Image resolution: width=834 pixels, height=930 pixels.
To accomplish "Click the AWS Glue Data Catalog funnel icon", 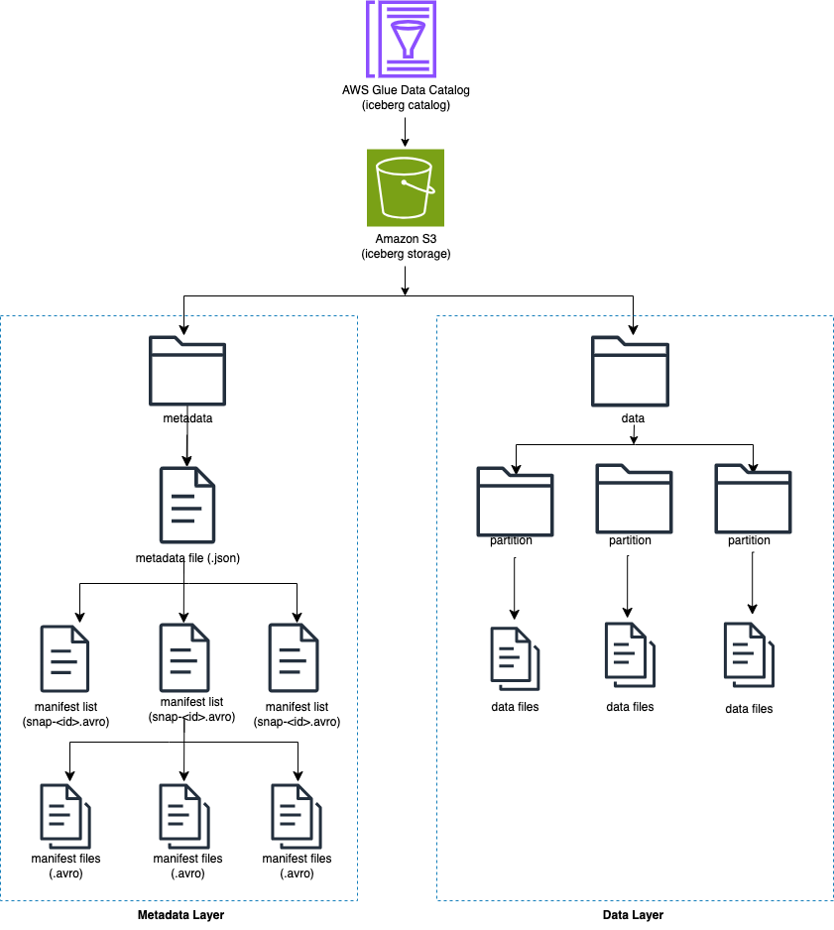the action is click(x=402, y=39).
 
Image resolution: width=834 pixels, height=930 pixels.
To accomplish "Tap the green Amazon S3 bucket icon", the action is click(x=406, y=187).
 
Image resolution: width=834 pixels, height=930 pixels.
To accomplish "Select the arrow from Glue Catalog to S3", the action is click(x=406, y=132).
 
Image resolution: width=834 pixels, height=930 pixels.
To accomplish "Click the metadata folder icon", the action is click(x=187, y=371).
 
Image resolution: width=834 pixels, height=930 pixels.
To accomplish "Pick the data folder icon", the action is click(x=630, y=371).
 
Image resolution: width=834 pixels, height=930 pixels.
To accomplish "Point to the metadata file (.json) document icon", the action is click(x=187, y=505).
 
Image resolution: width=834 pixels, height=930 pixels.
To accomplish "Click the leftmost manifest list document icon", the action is click(x=64, y=658).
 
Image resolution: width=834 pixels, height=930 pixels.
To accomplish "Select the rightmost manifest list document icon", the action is click(x=294, y=657).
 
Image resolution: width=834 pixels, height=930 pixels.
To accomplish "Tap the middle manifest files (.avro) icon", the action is click(x=184, y=816).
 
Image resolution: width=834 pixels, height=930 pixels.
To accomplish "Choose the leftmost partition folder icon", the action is click(x=515, y=502).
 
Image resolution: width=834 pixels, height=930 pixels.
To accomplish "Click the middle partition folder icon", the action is click(x=634, y=499).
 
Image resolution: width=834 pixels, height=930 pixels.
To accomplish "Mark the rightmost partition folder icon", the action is click(x=754, y=499).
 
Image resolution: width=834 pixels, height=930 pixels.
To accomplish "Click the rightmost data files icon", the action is click(x=749, y=654).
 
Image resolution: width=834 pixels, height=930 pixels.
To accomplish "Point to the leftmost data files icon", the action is click(x=515, y=658).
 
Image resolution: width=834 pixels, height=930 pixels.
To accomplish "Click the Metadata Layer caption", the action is click(x=180, y=915).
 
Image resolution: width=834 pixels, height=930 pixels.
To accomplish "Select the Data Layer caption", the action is click(x=633, y=915).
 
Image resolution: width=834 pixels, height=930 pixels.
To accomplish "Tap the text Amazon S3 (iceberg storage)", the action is click(x=406, y=246).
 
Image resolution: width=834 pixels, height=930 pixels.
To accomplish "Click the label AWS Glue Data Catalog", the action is click(x=406, y=90).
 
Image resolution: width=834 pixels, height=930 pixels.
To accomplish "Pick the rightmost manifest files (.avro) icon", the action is click(x=297, y=816).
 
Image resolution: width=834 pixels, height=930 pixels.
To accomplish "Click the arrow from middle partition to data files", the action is click(x=628, y=587).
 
